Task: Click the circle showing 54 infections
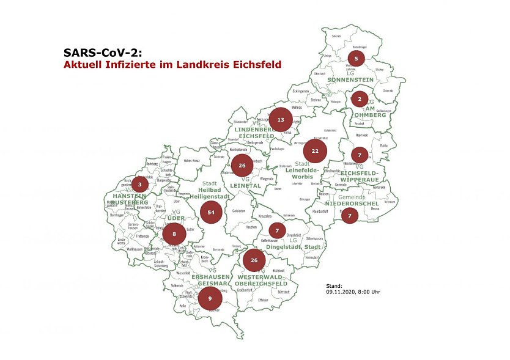click(x=211, y=211)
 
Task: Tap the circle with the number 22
click(x=315, y=150)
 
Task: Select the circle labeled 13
click(x=281, y=119)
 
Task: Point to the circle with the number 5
click(x=356, y=59)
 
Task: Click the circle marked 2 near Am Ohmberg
click(x=360, y=98)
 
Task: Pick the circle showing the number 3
click(x=140, y=183)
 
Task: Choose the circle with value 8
click(x=174, y=233)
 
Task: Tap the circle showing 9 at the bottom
click(x=210, y=298)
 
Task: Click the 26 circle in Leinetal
click(x=242, y=165)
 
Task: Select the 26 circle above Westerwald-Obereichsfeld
click(x=254, y=260)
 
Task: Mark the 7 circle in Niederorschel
click(x=349, y=215)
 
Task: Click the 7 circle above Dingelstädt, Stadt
click(x=277, y=230)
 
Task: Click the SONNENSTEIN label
click(x=352, y=80)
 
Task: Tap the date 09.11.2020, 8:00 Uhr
click(x=353, y=292)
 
